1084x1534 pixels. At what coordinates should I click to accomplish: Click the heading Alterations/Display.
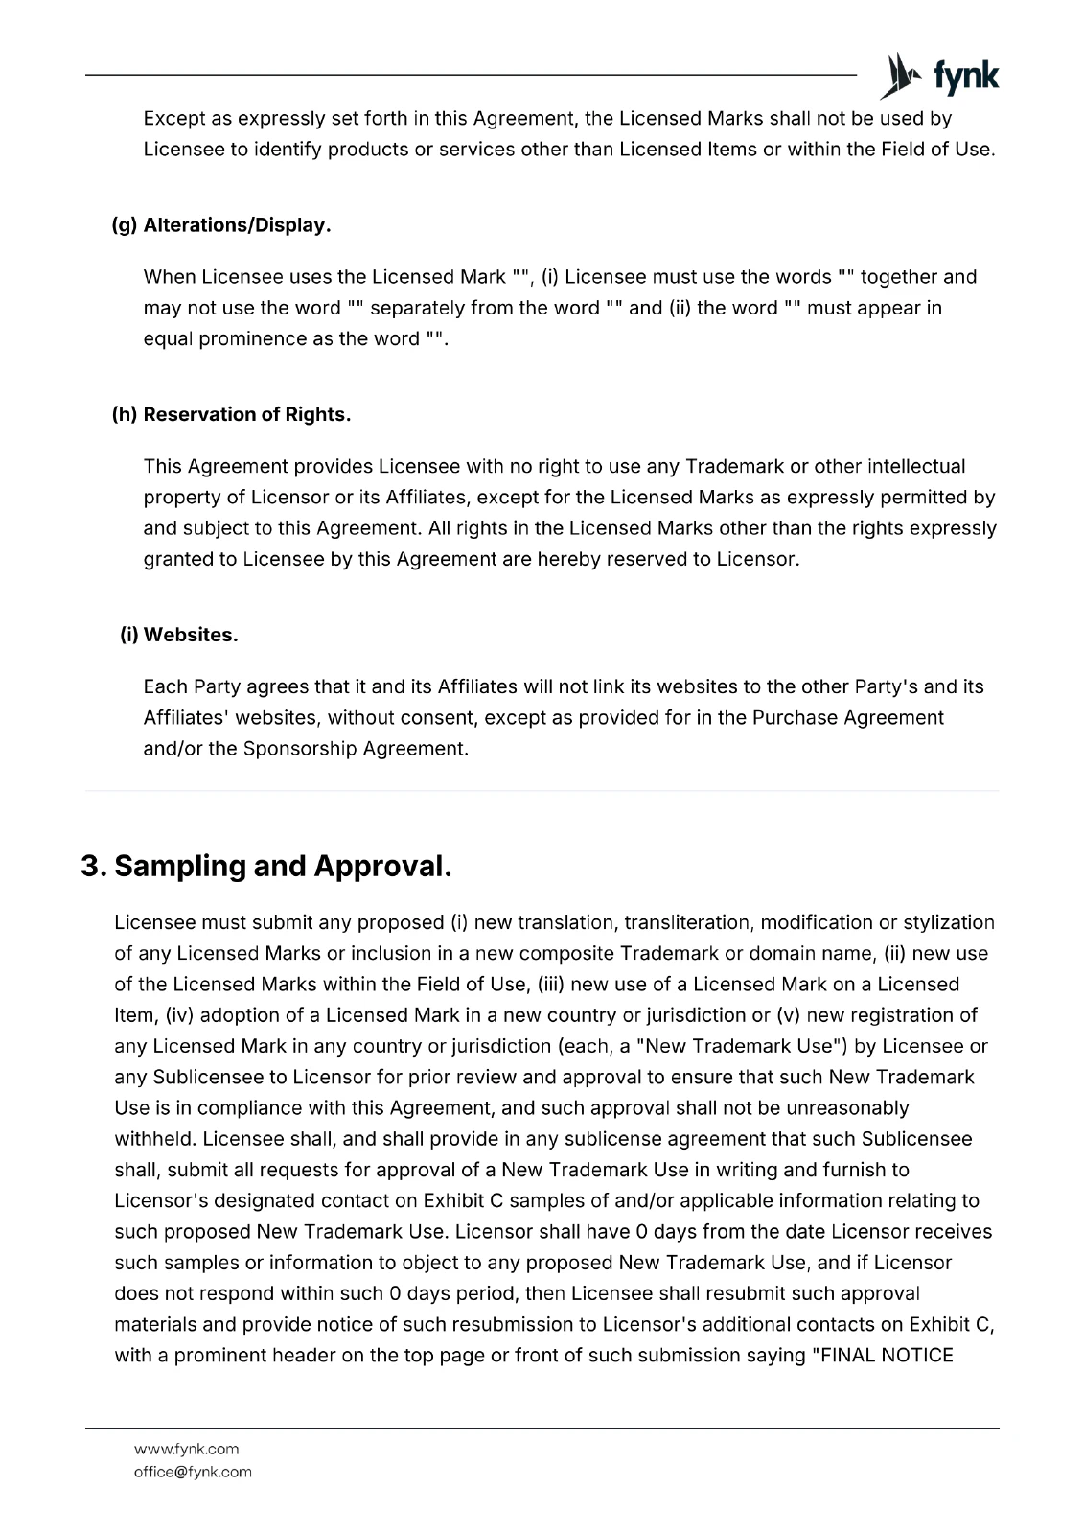point(237,225)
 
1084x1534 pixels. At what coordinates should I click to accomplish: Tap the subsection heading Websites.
point(191,635)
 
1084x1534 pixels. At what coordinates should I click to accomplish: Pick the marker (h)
point(125,414)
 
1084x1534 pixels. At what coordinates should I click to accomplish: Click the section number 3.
point(93,867)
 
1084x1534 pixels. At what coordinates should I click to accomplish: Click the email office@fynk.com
point(193,1472)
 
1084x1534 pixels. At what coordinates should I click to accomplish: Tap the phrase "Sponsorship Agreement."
point(356,748)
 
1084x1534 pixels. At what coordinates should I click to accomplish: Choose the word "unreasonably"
point(846,1108)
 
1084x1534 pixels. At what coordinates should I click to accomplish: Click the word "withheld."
point(156,1139)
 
